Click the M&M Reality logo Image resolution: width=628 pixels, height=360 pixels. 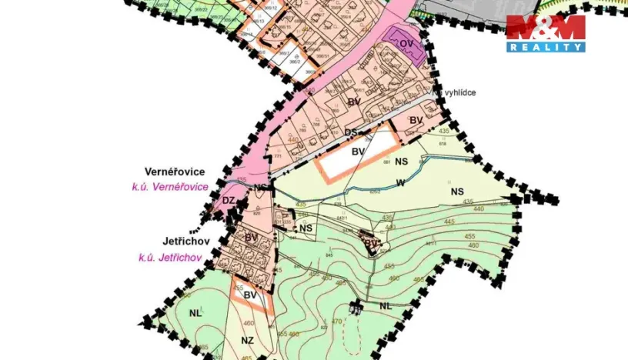point(546,33)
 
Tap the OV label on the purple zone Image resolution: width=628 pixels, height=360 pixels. point(407,44)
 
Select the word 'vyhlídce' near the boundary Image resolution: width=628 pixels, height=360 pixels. point(459,93)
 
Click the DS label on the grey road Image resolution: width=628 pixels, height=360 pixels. point(350,132)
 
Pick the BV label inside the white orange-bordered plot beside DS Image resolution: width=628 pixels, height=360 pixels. point(357,152)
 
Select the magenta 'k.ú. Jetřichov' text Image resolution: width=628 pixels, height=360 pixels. point(170,258)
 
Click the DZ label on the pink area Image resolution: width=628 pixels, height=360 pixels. point(228,200)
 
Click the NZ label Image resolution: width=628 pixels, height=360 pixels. point(247,341)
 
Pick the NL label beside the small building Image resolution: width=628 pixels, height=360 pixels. point(386,305)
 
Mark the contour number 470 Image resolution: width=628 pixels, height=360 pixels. point(336,322)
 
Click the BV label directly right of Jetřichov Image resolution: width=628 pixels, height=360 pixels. point(251,238)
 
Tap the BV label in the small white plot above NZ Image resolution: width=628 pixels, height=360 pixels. point(249,295)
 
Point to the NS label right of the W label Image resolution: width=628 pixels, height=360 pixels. point(458,191)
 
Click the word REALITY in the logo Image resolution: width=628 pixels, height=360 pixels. point(546,47)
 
